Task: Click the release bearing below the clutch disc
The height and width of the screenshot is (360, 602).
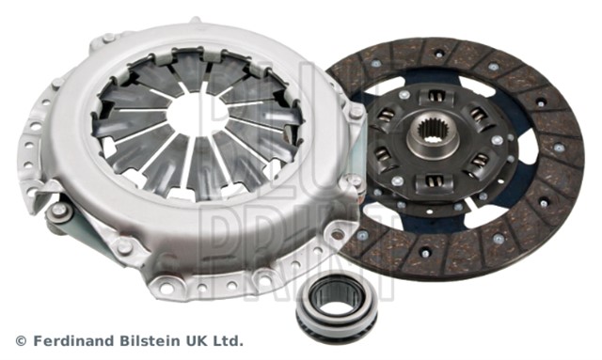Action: click(x=337, y=306)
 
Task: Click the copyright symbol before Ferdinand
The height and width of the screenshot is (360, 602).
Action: click(x=21, y=341)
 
